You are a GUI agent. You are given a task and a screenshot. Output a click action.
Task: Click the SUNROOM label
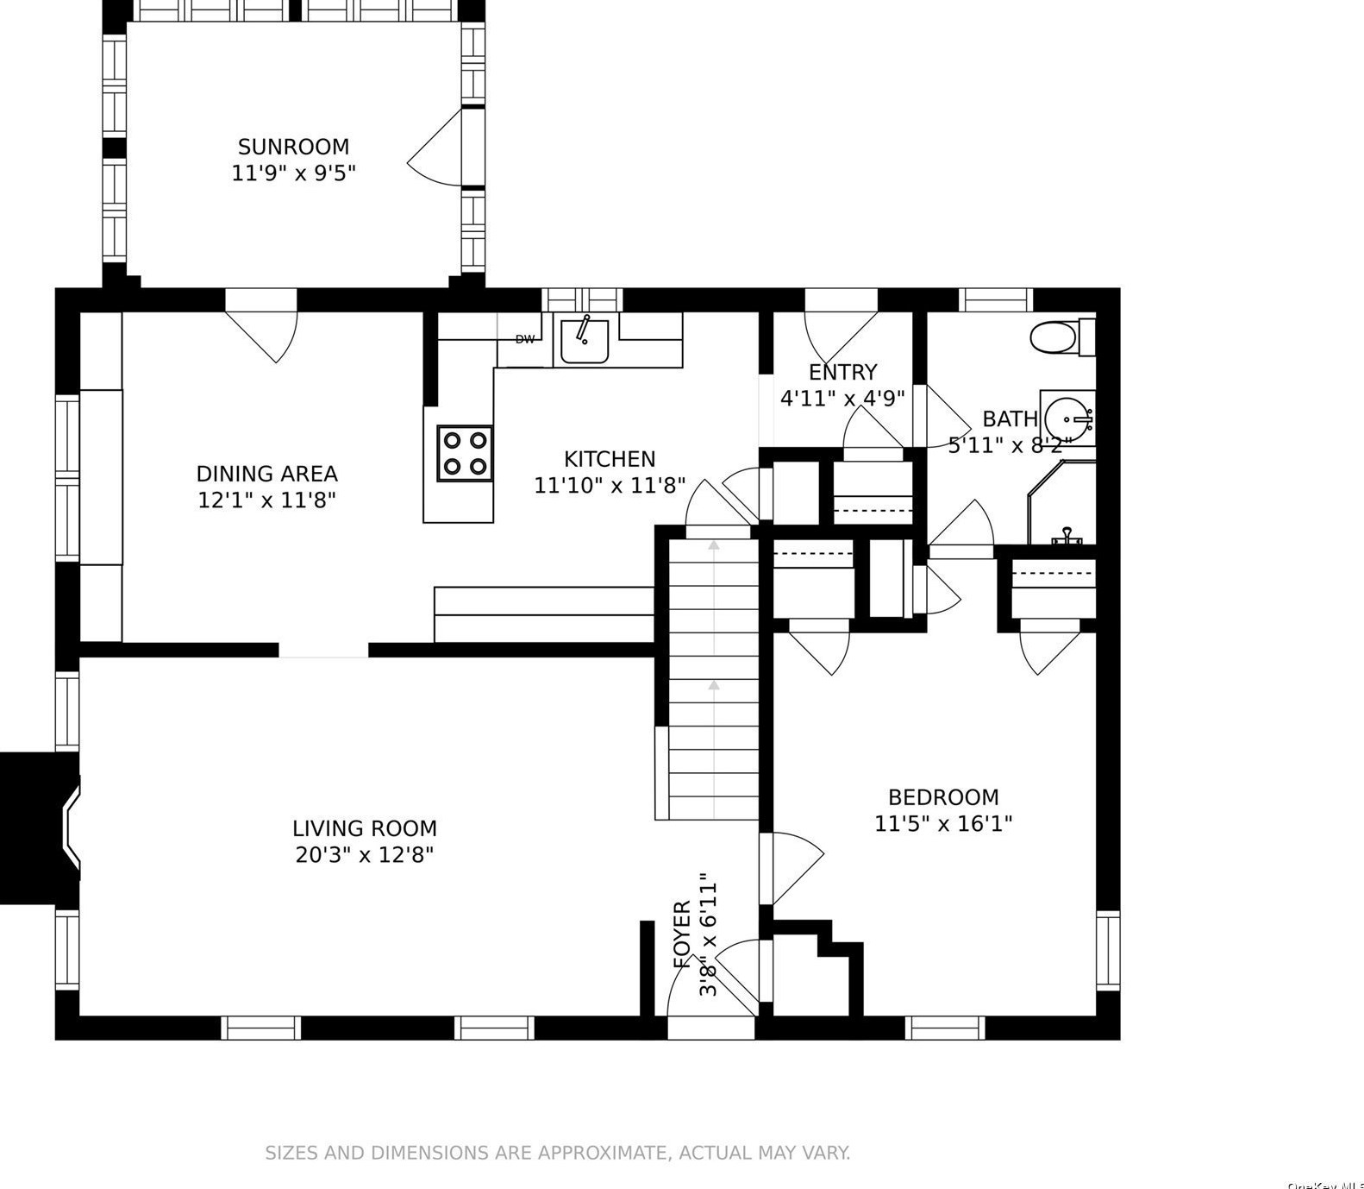(x=293, y=147)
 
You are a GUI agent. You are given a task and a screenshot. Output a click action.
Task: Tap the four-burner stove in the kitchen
(x=466, y=453)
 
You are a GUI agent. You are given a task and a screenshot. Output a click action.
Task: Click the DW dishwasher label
(x=525, y=340)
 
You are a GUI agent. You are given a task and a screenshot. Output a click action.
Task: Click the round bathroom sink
(x=1066, y=419)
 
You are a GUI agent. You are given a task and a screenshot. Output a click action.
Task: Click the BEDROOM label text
(x=943, y=797)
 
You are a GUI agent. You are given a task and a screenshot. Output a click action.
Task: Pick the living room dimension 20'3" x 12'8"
(x=363, y=855)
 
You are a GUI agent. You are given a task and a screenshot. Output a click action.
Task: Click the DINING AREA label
(x=266, y=474)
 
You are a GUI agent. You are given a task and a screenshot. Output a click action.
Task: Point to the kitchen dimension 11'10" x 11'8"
(x=610, y=486)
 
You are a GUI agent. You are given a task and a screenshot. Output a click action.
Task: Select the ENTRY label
(x=842, y=372)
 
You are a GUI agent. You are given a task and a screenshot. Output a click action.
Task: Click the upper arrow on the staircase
(x=714, y=545)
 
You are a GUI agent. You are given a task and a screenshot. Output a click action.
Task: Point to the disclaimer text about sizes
(x=557, y=1153)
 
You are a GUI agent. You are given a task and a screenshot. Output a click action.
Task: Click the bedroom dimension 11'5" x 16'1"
(x=943, y=824)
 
